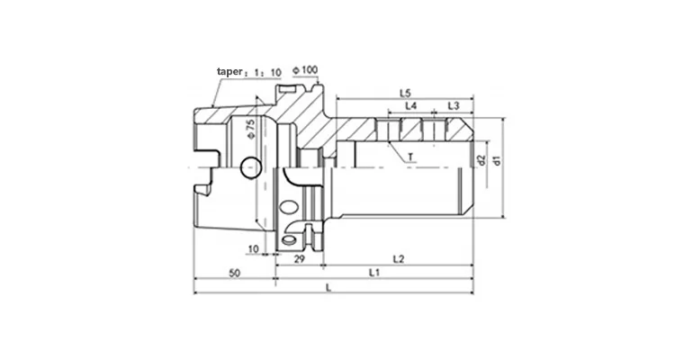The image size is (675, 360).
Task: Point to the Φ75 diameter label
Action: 250,130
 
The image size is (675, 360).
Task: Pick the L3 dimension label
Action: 454,106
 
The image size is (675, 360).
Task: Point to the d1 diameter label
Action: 496,162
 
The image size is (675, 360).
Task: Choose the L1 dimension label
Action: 373,273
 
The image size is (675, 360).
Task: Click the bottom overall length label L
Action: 328,287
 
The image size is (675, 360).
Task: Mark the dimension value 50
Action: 234,273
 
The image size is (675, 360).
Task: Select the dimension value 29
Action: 300,259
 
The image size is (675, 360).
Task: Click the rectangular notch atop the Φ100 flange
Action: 287,90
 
